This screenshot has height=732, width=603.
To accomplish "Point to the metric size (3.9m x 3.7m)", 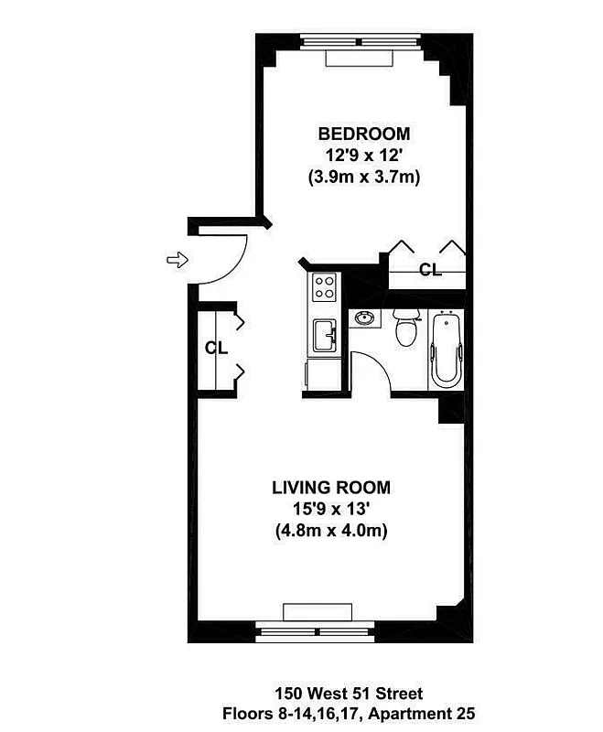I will tap(364, 178).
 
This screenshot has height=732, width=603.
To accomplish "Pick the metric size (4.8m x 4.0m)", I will tap(330, 531).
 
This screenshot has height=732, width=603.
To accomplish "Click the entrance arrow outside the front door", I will tap(175, 261).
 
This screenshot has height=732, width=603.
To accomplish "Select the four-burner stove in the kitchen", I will tap(324, 288).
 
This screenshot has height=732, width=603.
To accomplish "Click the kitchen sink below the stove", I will tap(324, 335).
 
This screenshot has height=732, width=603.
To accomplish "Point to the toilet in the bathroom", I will tap(404, 329).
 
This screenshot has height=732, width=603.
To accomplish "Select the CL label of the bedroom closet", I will tap(430, 270).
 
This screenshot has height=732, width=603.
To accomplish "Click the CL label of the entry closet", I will tap(215, 348).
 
